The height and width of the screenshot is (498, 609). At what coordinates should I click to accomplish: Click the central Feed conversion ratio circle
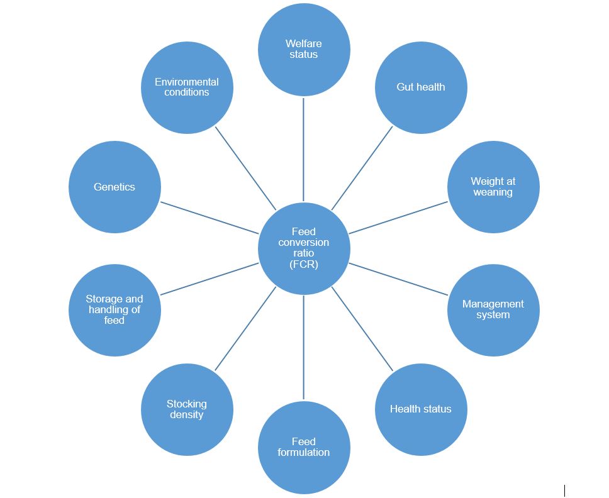point(304,248)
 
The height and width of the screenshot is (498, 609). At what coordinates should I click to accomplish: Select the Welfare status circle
point(304,49)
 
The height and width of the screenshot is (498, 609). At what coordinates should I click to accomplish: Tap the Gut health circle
point(421,87)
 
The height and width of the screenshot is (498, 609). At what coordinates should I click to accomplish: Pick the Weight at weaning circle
point(493,187)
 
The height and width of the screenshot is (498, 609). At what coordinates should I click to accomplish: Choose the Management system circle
point(493,309)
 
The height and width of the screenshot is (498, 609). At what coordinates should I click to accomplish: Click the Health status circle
point(421,409)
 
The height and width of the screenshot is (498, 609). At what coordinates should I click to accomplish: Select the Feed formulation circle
point(304,447)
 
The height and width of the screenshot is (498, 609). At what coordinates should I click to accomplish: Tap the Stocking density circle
point(187,409)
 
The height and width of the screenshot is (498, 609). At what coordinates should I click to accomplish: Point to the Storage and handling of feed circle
point(115,310)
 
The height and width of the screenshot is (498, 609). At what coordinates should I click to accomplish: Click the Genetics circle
point(115,187)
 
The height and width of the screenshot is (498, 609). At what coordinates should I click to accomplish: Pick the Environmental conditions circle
point(187,87)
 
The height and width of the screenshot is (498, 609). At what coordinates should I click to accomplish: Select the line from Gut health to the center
point(362,168)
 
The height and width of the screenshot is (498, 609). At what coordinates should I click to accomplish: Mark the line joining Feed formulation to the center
point(304,347)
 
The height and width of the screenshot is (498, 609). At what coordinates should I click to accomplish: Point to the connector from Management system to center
point(398,279)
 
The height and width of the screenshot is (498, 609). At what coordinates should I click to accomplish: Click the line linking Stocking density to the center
point(245,328)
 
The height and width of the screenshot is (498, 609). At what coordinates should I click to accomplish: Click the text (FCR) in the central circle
point(304,264)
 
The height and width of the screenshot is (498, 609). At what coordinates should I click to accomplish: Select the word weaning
point(493,192)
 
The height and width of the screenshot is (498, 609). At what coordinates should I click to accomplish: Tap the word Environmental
point(187,82)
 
